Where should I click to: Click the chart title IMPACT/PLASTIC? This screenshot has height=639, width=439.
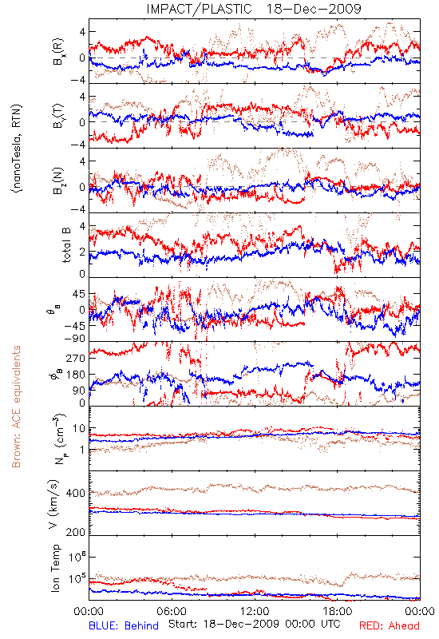199,9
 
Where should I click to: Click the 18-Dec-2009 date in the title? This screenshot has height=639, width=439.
314,9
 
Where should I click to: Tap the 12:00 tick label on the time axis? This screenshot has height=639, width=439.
255,611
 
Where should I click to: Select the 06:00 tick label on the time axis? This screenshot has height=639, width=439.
172,611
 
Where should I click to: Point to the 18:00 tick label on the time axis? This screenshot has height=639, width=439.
337,611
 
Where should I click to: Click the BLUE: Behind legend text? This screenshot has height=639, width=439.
124,625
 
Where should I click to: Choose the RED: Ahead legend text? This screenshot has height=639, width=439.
389,625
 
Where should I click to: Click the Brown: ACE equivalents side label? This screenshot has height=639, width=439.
16,407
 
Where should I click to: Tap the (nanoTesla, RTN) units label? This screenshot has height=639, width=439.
18,148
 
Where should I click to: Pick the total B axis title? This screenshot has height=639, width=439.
66,245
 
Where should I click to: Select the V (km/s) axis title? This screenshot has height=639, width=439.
53,504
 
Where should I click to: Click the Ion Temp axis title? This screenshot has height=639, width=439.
55,568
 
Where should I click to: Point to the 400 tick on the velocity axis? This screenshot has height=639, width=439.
76,493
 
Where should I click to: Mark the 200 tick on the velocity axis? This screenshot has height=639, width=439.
76,532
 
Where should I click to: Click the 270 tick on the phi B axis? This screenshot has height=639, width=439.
76,358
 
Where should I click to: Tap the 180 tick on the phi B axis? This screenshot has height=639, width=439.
76,375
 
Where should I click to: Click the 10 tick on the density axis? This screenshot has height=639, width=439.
79,429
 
